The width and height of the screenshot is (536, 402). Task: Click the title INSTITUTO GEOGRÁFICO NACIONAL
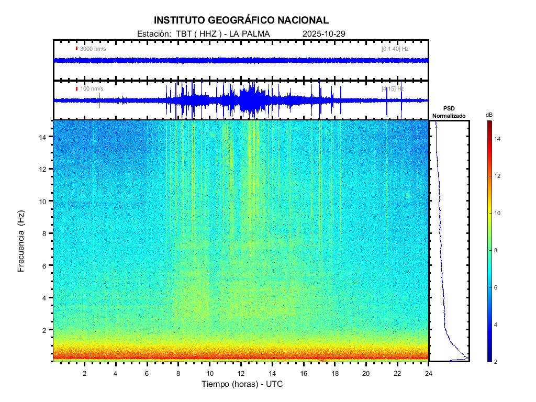point(241,20)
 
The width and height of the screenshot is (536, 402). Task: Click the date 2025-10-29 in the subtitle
point(323,34)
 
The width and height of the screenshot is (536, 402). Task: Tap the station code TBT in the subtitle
point(184,34)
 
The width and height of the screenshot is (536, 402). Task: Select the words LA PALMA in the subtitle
point(250,34)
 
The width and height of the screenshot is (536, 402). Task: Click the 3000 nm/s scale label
point(93,49)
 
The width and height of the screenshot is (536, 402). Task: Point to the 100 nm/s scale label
point(92,88)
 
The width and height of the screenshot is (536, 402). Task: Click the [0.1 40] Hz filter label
point(395,49)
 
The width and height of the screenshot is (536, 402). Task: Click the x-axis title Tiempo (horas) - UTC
point(242,384)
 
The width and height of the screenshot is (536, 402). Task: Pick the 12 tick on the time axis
point(241,373)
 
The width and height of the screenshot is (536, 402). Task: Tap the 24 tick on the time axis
point(429,373)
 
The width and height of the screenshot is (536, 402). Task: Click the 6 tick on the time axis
point(147,373)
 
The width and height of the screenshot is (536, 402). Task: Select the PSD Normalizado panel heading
point(449,112)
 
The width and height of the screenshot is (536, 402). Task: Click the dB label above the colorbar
point(489,115)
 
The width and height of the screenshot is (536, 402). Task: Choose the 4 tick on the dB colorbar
point(497,325)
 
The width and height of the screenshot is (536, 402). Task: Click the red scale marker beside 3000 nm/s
point(76,49)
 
